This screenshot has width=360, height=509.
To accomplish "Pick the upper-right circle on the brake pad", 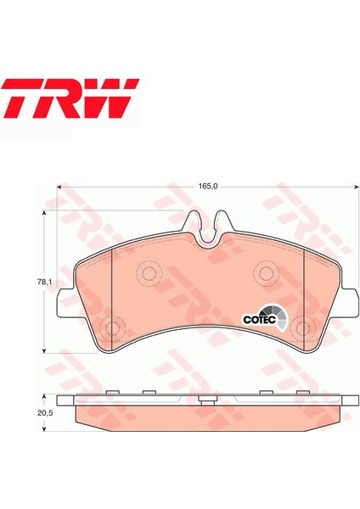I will click(266, 273).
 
